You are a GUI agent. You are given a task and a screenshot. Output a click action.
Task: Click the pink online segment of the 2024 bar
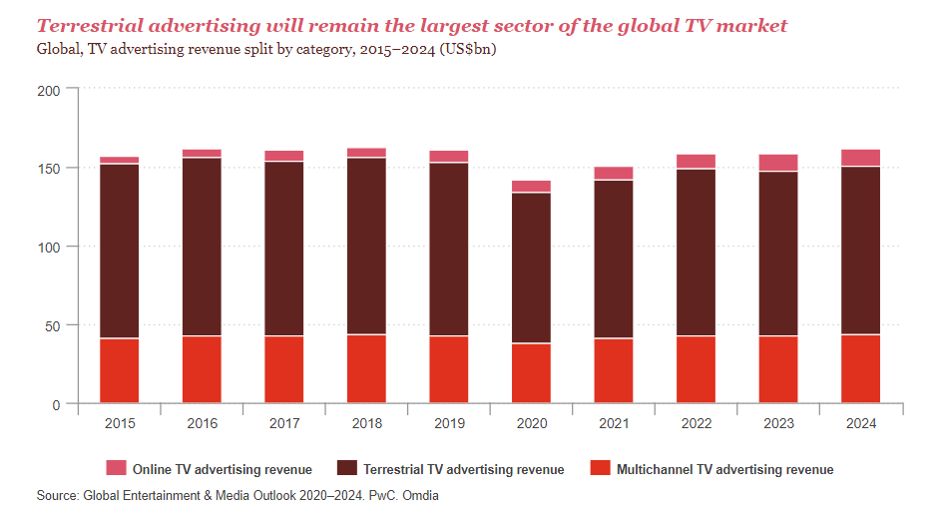860,158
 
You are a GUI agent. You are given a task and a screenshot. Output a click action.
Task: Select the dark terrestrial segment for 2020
531,267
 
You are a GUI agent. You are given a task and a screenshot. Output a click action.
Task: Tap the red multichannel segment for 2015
119,371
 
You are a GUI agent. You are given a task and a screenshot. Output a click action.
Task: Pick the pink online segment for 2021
614,174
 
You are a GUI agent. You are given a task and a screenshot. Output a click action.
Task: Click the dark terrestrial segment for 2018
366,246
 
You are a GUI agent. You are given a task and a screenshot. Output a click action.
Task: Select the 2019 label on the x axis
448,423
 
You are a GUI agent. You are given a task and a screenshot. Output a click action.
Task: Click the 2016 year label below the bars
202,423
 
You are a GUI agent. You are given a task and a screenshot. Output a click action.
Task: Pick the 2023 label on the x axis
777,423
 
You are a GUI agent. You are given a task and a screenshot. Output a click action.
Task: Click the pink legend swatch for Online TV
116,468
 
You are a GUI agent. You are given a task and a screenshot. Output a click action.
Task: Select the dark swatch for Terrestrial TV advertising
347,468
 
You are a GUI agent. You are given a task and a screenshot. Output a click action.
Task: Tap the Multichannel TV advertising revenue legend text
724,469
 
